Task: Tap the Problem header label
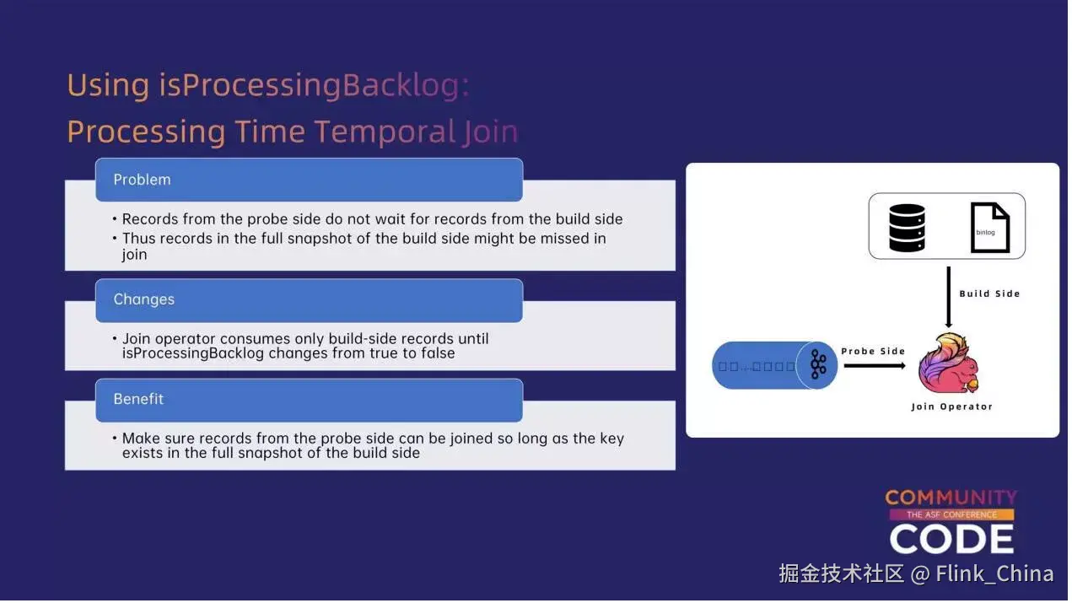pyautogui.click(x=142, y=180)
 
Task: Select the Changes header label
pyautogui.click(x=143, y=299)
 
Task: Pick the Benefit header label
pyautogui.click(x=138, y=399)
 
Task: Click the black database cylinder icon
pyautogui.click(x=907, y=228)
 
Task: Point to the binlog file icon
pyautogui.click(x=989, y=228)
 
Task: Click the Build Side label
pyautogui.click(x=989, y=293)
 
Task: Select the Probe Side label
pyautogui.click(x=873, y=352)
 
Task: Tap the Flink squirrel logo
pyautogui.click(x=949, y=363)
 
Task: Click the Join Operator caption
pyautogui.click(x=952, y=406)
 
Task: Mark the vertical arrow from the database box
pyautogui.click(x=949, y=297)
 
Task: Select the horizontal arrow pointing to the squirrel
pyautogui.click(x=875, y=366)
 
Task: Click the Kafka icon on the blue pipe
pyautogui.click(x=818, y=364)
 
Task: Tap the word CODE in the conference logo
pyautogui.click(x=951, y=539)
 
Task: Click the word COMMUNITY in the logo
pyautogui.click(x=951, y=498)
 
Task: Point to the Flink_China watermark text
pyautogui.click(x=994, y=573)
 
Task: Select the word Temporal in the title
pyautogui.click(x=385, y=132)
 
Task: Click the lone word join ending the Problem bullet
pyautogui.click(x=134, y=255)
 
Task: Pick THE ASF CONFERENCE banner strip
pyautogui.click(x=951, y=514)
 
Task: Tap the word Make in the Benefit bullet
pyautogui.click(x=141, y=439)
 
